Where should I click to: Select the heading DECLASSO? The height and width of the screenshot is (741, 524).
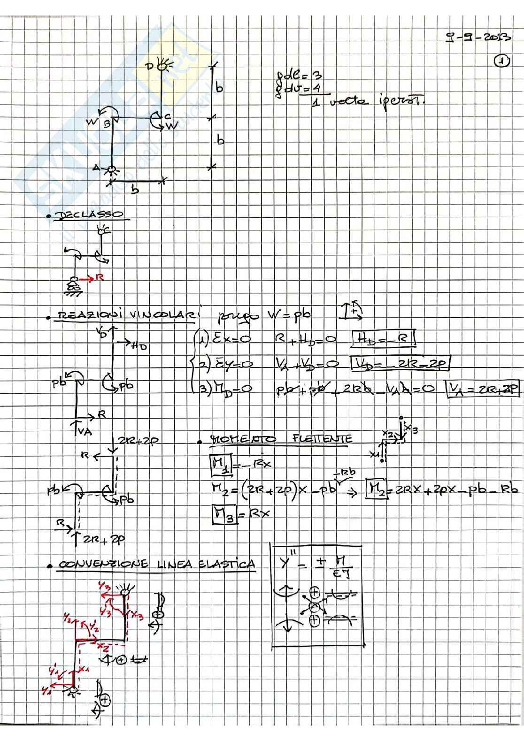click(x=89, y=215)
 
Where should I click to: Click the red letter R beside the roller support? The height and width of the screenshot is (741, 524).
click(x=99, y=278)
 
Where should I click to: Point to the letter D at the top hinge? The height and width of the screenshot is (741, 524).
click(x=150, y=66)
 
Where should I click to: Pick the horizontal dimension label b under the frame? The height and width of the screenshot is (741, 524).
click(x=135, y=190)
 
